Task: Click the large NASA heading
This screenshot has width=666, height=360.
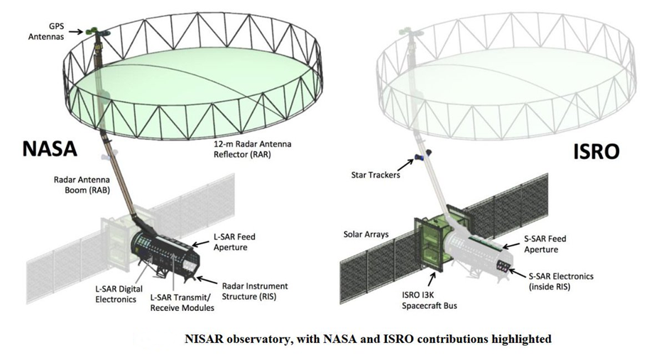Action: pyautogui.click(x=49, y=148)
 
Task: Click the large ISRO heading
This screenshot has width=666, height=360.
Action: pyautogui.click(x=596, y=151)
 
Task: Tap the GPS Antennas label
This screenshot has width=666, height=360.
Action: pyautogui.click(x=46, y=31)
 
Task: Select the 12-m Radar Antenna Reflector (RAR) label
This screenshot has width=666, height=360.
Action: pyautogui.click(x=252, y=149)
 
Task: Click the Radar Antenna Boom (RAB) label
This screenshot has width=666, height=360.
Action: pyautogui.click(x=82, y=185)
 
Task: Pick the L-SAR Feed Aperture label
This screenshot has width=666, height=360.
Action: pyautogui.click(x=234, y=242)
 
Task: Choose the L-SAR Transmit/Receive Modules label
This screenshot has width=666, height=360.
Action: pyautogui.click(x=182, y=302)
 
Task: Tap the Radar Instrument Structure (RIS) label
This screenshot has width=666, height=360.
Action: pyautogui.click(x=255, y=291)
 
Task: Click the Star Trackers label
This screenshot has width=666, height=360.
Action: pyautogui.click(x=376, y=175)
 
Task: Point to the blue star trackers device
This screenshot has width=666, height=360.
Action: pyautogui.click(x=422, y=156)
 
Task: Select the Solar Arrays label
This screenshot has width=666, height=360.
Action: pyautogui.click(x=366, y=234)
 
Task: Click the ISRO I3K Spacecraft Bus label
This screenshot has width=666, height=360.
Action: pyautogui.click(x=430, y=300)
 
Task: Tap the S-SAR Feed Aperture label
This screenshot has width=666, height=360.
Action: pyautogui.click(x=545, y=244)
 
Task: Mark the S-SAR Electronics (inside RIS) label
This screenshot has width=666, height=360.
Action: pyautogui.click(x=561, y=281)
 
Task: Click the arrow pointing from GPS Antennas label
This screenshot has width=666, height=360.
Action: pyautogui.click(x=77, y=31)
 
